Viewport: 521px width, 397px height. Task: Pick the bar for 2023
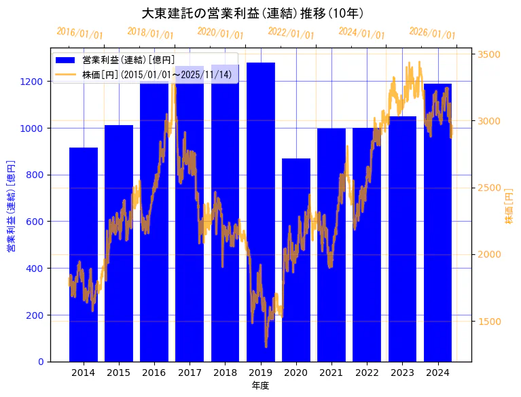pyautogui.click(x=403, y=239)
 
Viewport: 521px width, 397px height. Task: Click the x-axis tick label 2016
pyautogui.click(x=154, y=372)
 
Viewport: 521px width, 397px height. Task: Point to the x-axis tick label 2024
pyautogui.click(x=438, y=372)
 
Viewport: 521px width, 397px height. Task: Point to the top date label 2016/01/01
pyautogui.click(x=80, y=33)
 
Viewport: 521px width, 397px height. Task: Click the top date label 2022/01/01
pyautogui.click(x=291, y=33)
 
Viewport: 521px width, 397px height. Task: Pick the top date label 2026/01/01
pyautogui.click(x=433, y=33)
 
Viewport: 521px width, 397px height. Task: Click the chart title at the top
pyautogui.click(x=253, y=13)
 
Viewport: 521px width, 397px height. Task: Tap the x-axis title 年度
pyautogui.click(x=261, y=385)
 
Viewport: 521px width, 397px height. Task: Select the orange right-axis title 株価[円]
pyautogui.click(x=509, y=207)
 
